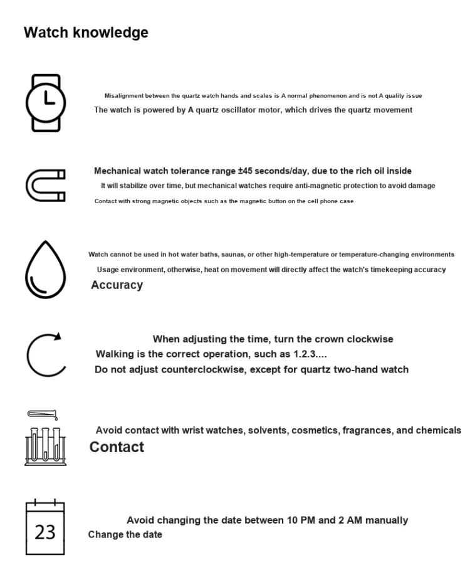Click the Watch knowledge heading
click(86, 33)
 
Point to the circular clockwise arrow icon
click(45, 354)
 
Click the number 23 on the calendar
click(45, 533)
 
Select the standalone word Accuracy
click(117, 285)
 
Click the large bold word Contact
click(117, 447)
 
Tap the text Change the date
click(125, 535)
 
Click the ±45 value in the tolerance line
click(246, 171)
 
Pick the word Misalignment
click(124, 96)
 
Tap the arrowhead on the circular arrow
click(57, 336)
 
